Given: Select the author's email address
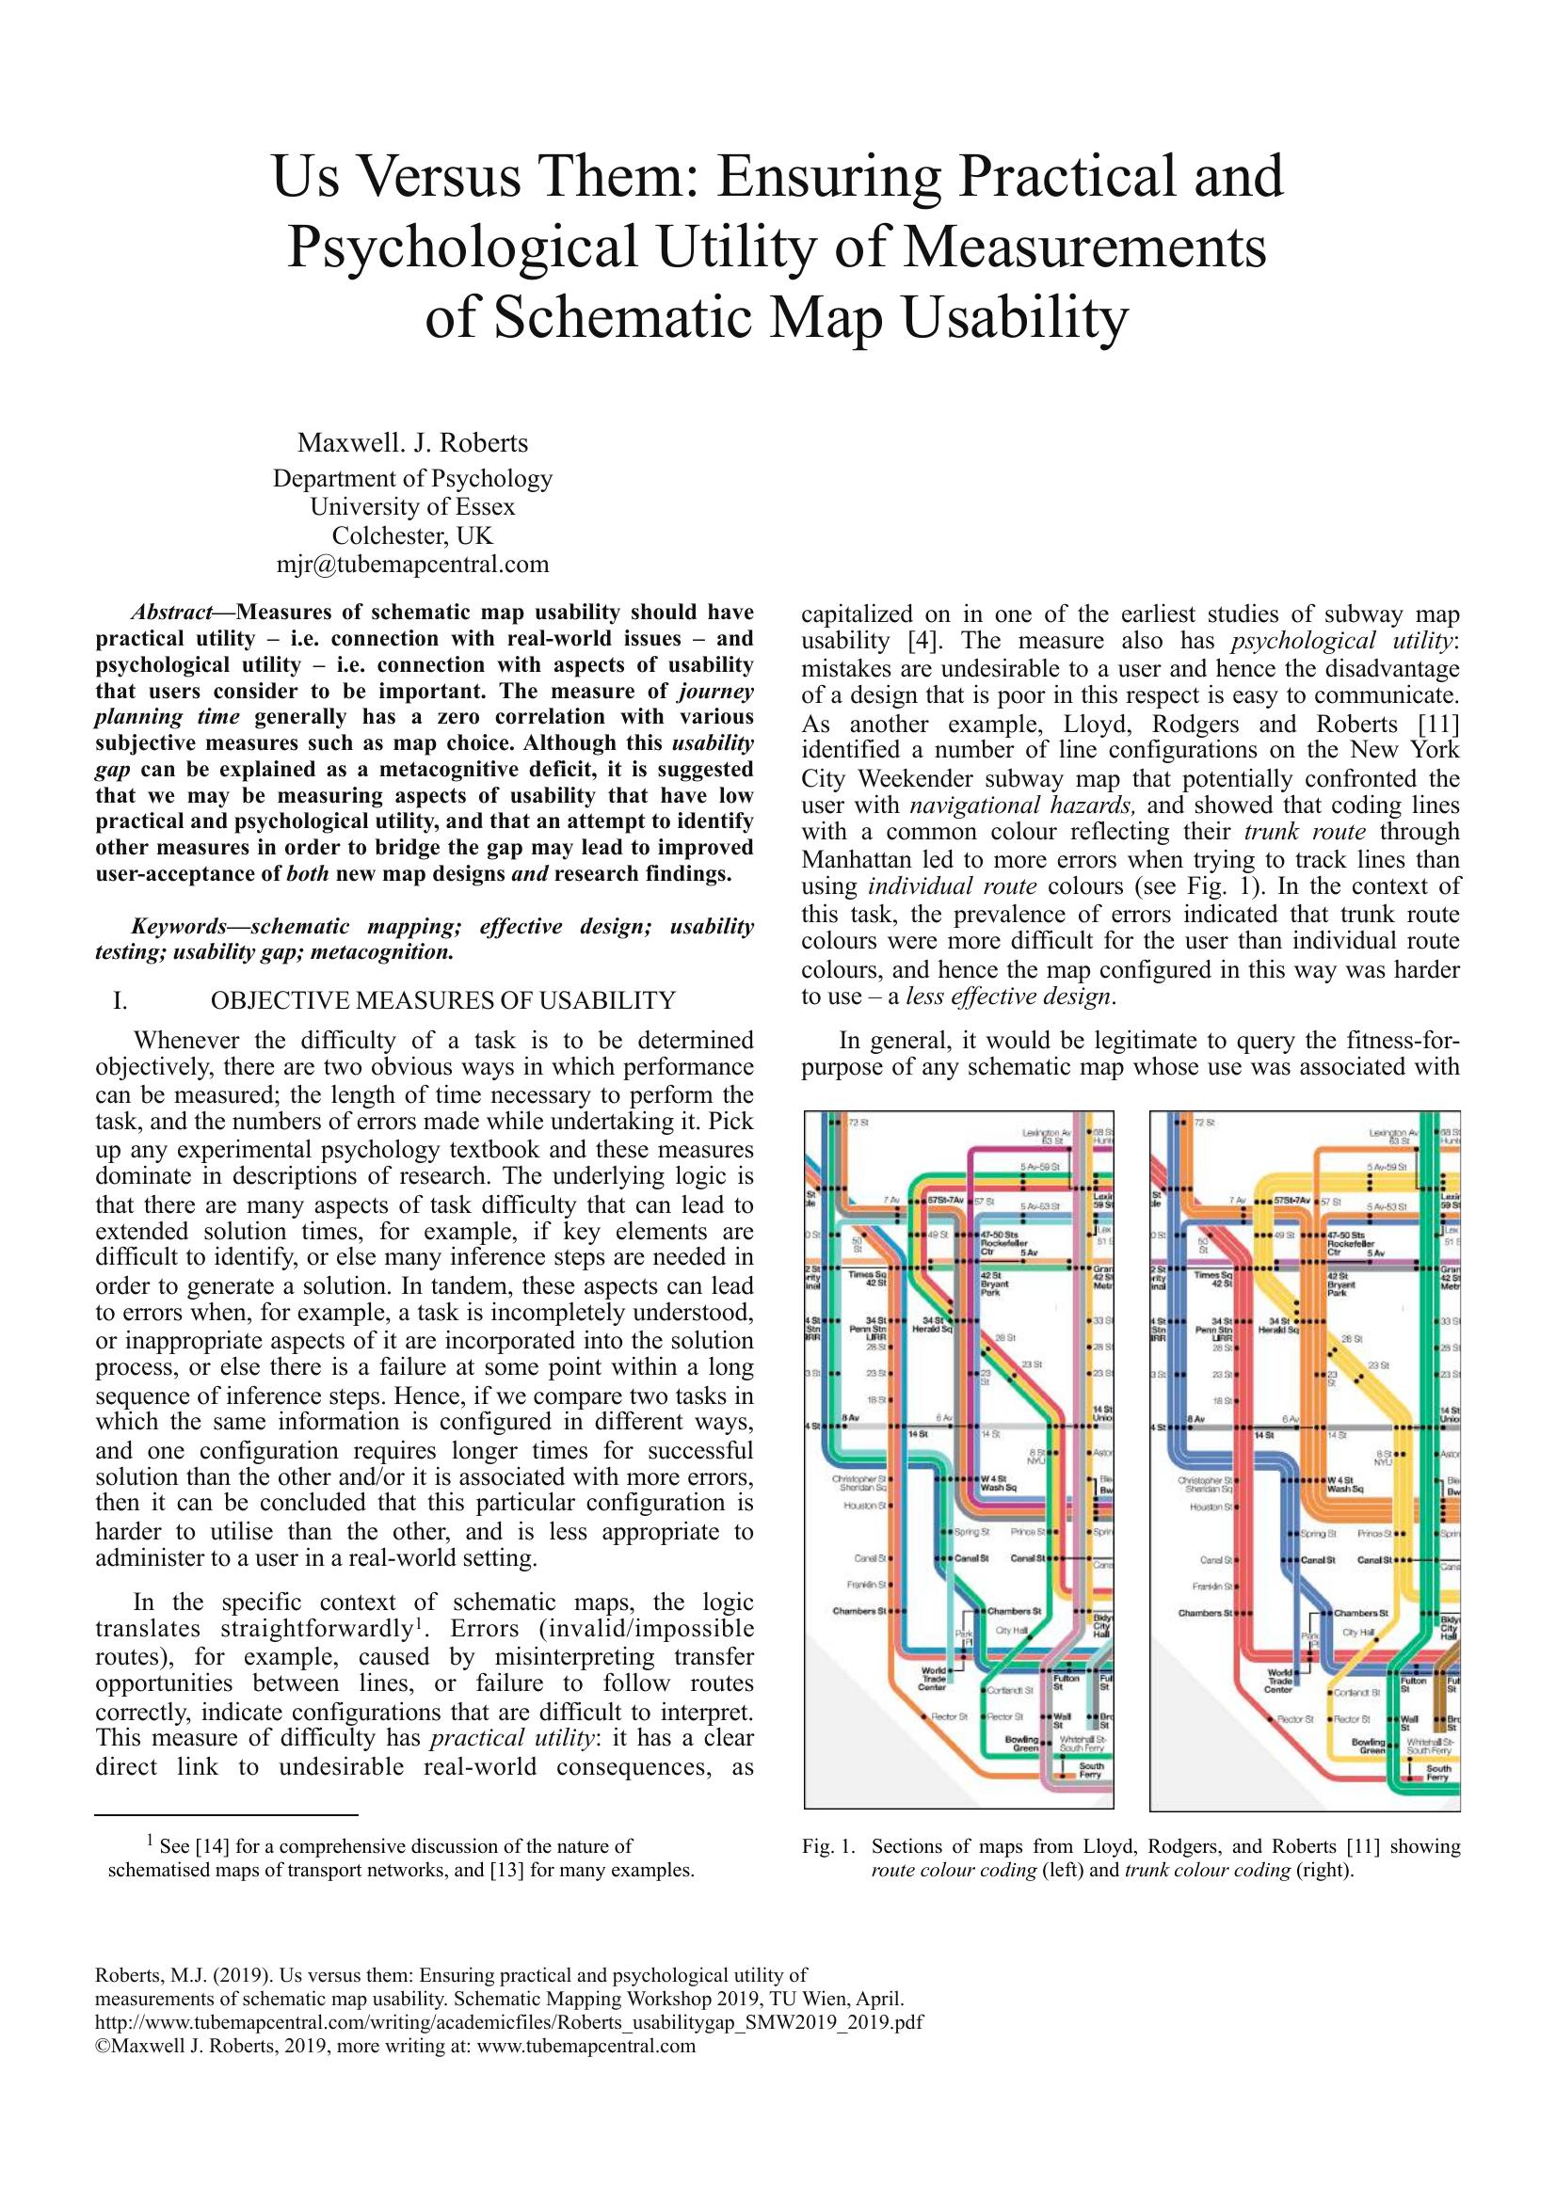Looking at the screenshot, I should pos(413,564).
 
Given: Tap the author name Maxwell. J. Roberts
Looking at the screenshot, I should pos(413,443).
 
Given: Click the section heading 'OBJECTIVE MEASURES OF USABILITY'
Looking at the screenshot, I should pos(443,1001).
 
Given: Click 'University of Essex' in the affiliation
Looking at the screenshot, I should pos(413,506).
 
